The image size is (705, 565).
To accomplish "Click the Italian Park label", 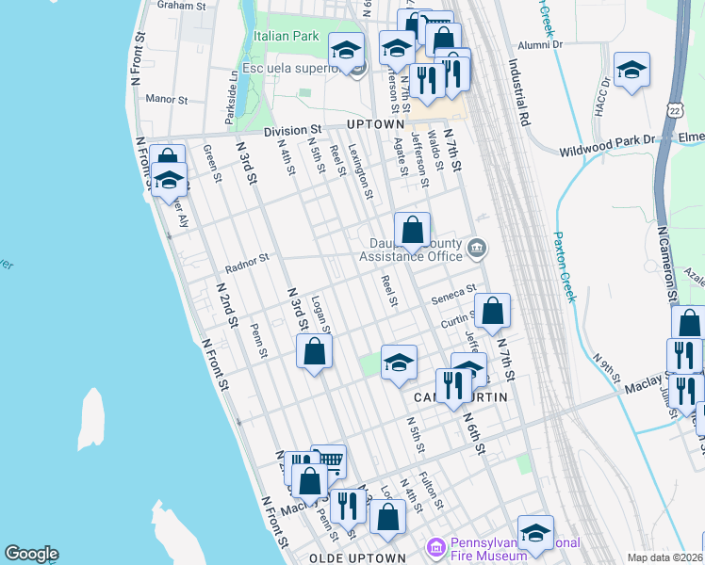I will [286, 36].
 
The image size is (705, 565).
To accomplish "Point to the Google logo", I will [31, 554].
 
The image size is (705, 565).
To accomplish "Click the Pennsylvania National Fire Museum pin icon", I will [435, 547].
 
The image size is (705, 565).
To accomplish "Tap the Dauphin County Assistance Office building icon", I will [478, 249].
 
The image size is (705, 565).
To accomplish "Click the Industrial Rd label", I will [518, 94].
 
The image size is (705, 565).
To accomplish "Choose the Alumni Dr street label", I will [540, 44].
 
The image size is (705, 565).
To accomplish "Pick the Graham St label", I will [182, 6].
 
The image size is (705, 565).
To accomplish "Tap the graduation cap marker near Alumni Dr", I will [631, 69].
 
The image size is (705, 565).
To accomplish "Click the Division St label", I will [292, 130].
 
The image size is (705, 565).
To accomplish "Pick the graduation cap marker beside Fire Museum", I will [535, 533].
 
